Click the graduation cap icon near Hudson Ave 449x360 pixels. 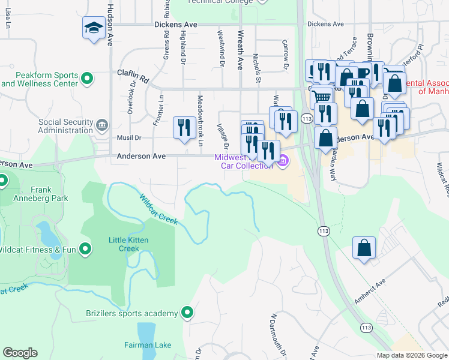(x=94, y=28)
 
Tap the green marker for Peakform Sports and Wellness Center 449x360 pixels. (x=87, y=78)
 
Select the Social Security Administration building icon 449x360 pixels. (x=101, y=125)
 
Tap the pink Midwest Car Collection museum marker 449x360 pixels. (x=283, y=160)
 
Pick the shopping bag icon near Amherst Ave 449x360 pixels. (x=364, y=247)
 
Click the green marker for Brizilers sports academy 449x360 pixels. (x=187, y=313)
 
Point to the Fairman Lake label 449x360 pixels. (x=148, y=345)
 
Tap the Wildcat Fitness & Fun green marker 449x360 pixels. (x=85, y=248)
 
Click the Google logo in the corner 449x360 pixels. (x=20, y=352)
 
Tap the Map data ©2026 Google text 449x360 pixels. (x=411, y=355)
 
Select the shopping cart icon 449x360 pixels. (x=323, y=95)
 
